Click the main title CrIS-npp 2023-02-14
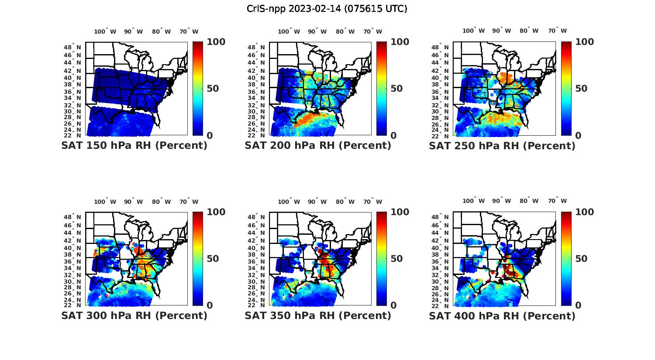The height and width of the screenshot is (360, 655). (x=327, y=9)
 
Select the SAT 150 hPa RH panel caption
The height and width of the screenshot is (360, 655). (x=134, y=146)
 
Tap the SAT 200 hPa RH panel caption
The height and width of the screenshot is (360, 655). (x=318, y=146)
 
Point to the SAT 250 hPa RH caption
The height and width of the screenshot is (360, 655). (x=502, y=146)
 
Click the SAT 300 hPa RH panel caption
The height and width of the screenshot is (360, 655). (x=134, y=315)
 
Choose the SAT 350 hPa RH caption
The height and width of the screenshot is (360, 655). (x=318, y=315)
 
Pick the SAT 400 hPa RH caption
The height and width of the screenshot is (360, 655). (x=502, y=315)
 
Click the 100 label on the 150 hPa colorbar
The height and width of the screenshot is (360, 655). (x=216, y=42)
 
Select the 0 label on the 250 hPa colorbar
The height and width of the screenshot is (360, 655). (x=578, y=136)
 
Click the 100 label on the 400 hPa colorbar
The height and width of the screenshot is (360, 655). (x=585, y=212)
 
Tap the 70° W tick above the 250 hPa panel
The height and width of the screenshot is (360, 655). (x=557, y=31)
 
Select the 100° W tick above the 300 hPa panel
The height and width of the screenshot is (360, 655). (x=105, y=202)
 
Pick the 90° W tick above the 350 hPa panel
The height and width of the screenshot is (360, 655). (x=317, y=202)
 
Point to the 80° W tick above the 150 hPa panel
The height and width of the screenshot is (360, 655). (x=162, y=31)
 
